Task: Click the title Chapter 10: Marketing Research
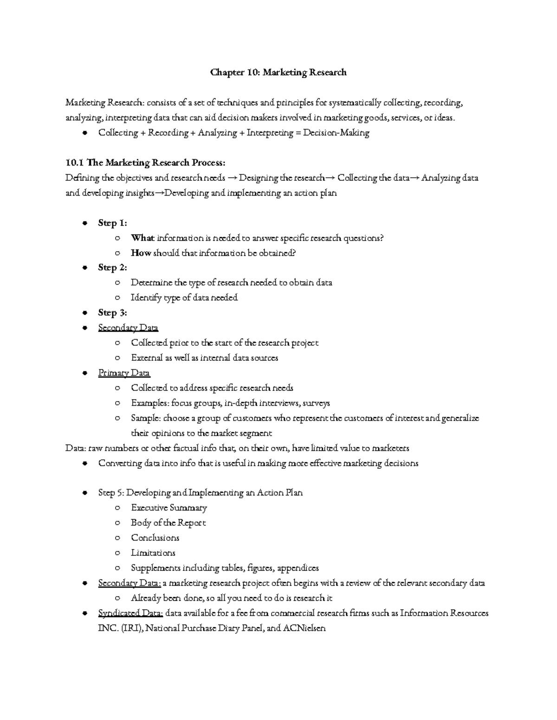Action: [x=278, y=72]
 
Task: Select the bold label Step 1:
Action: [x=112, y=223]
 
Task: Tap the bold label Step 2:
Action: [x=112, y=268]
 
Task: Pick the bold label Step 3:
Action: [x=112, y=312]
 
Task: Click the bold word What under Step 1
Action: [x=142, y=238]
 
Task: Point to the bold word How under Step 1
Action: [x=141, y=253]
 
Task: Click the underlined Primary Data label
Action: [x=124, y=373]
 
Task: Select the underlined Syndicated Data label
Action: [x=130, y=613]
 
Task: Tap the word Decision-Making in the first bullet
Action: [x=336, y=133]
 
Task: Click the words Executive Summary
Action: [x=169, y=508]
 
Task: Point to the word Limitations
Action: [x=153, y=553]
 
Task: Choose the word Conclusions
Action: [x=155, y=538]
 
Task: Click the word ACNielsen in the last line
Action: [x=304, y=628]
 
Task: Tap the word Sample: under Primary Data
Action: [x=146, y=418]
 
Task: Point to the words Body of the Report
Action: [x=168, y=522]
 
